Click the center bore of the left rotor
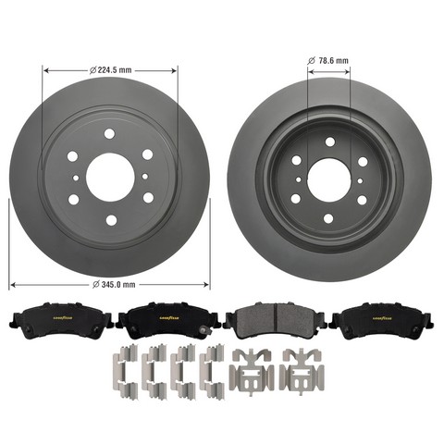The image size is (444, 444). tap(111, 178)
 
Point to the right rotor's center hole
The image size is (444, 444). tap(328, 180)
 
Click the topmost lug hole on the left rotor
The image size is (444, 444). tap(109, 134)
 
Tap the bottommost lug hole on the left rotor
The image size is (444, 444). tap(111, 220)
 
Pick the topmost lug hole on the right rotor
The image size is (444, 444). tap(330, 142)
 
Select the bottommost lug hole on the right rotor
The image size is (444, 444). tap(328, 218)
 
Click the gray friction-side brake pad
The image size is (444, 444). tap(275, 321)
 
